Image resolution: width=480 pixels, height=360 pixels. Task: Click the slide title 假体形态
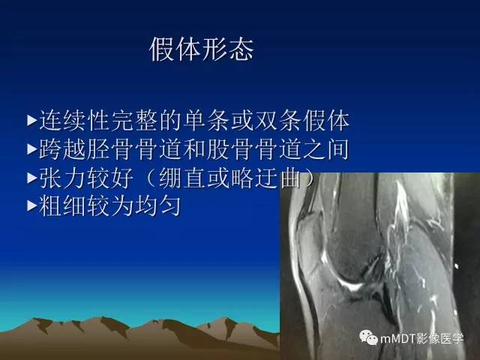[202, 49]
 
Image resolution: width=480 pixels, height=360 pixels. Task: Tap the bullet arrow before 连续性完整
[31, 119]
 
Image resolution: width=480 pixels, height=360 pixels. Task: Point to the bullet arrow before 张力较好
[31, 178]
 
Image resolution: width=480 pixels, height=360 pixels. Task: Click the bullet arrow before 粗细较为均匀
[31, 206]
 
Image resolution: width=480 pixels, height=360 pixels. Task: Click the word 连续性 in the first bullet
[73, 120]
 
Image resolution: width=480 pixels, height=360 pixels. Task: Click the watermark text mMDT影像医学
[425, 338]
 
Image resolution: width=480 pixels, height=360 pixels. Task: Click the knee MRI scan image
[379, 255]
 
